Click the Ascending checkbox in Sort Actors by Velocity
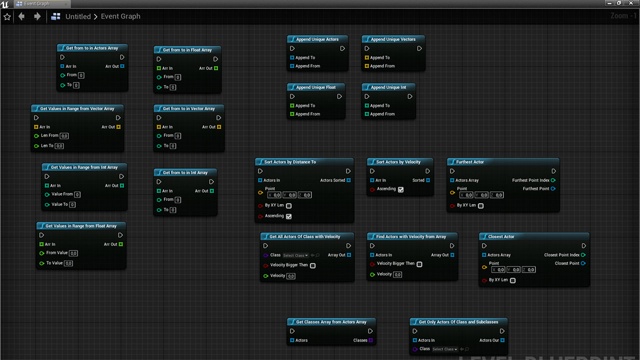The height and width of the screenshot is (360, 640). tap(401, 189)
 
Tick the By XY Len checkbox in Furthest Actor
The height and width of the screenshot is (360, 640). tap(481, 205)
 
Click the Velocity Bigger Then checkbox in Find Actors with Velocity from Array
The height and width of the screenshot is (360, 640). tap(419, 264)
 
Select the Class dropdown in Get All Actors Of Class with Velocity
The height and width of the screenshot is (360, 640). tap(295, 255)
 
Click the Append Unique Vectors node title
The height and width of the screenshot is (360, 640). tap(393, 39)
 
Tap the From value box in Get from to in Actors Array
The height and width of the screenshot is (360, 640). tap(81, 75)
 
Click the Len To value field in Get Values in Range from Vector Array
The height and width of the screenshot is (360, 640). tap(59, 146)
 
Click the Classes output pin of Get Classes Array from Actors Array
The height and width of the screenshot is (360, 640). tap(370, 340)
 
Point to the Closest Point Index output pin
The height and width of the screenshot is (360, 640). tap(583, 255)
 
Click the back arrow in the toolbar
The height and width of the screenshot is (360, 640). tap(21, 16)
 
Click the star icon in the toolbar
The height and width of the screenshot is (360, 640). tap(7, 17)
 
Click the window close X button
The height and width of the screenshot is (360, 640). tap(631, 3)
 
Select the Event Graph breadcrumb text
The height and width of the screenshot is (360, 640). tap(120, 16)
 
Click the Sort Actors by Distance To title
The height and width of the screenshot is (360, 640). tap(290, 162)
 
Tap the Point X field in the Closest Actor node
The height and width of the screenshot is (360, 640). tap(498, 269)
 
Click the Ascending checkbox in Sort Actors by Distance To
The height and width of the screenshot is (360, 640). tap(289, 216)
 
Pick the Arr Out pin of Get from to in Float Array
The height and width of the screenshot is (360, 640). tap(216, 68)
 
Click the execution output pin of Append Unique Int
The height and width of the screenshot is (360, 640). tap(409, 96)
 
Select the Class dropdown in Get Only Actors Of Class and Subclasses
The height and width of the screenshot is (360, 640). tap(445, 349)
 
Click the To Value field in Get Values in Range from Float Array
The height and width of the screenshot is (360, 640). tap(68, 263)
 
